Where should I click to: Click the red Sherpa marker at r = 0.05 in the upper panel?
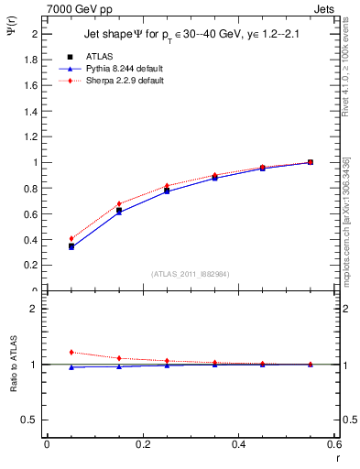pyautogui.click(x=71, y=239)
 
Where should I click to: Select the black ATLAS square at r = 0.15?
pyautogui.click(x=119, y=210)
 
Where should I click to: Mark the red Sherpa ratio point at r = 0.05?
pyautogui.click(x=71, y=352)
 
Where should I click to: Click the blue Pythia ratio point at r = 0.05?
pyautogui.click(x=71, y=367)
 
